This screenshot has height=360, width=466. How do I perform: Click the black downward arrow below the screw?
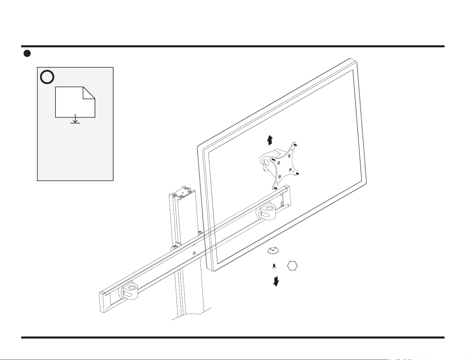[x=276, y=281]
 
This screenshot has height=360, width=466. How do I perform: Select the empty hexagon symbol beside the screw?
[x=292, y=266]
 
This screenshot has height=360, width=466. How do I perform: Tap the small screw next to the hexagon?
[x=274, y=266]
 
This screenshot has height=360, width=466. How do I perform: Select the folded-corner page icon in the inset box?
[x=75, y=102]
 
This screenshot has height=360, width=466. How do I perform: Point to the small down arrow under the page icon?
[x=75, y=119]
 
